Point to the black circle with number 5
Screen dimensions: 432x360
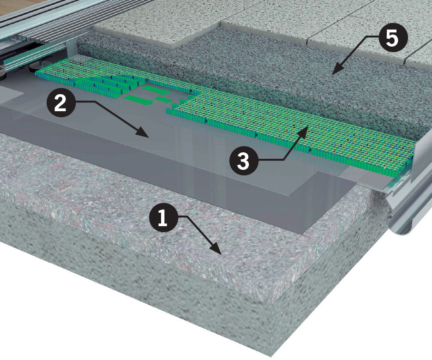392,39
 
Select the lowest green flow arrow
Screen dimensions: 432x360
138,101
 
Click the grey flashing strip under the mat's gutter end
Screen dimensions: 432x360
366,176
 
